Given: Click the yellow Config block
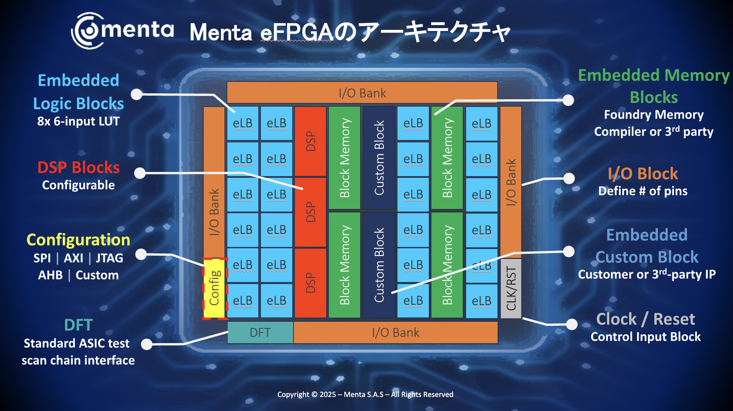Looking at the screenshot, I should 214,288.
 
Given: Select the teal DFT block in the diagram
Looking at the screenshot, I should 260,332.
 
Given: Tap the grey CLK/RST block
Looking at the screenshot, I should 511,288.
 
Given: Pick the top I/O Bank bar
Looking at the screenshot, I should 362,93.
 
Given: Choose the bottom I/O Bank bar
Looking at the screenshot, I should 396,332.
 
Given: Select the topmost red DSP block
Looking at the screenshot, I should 310,141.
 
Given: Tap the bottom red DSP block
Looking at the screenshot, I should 310,283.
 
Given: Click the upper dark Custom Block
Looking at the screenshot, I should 379,158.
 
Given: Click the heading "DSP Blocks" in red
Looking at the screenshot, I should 79,167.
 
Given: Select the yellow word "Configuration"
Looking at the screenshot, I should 78,240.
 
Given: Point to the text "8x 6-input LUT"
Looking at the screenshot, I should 78,121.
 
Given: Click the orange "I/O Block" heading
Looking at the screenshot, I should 643,173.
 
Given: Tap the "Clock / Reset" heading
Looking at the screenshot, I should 646,319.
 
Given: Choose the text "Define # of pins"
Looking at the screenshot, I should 643,191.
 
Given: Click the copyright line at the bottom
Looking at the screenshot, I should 365,394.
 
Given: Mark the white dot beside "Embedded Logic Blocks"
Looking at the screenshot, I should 137,94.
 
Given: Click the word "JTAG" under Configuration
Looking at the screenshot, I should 109,258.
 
